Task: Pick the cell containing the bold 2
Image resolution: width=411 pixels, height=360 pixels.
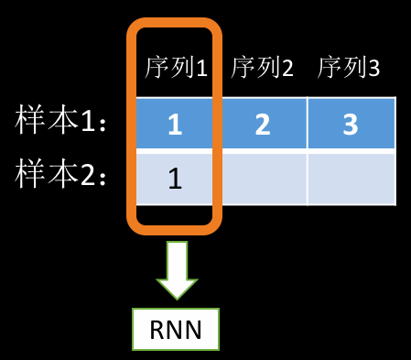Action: (x=262, y=124)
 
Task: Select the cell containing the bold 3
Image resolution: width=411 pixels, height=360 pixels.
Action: (x=351, y=124)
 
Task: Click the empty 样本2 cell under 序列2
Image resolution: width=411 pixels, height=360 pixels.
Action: (x=262, y=178)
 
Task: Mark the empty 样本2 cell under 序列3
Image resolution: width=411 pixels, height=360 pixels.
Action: (x=351, y=178)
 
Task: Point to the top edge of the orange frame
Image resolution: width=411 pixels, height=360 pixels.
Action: (x=174, y=22)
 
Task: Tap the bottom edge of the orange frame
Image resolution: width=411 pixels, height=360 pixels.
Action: (x=174, y=224)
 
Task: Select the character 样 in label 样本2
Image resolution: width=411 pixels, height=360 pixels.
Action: (x=31, y=173)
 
